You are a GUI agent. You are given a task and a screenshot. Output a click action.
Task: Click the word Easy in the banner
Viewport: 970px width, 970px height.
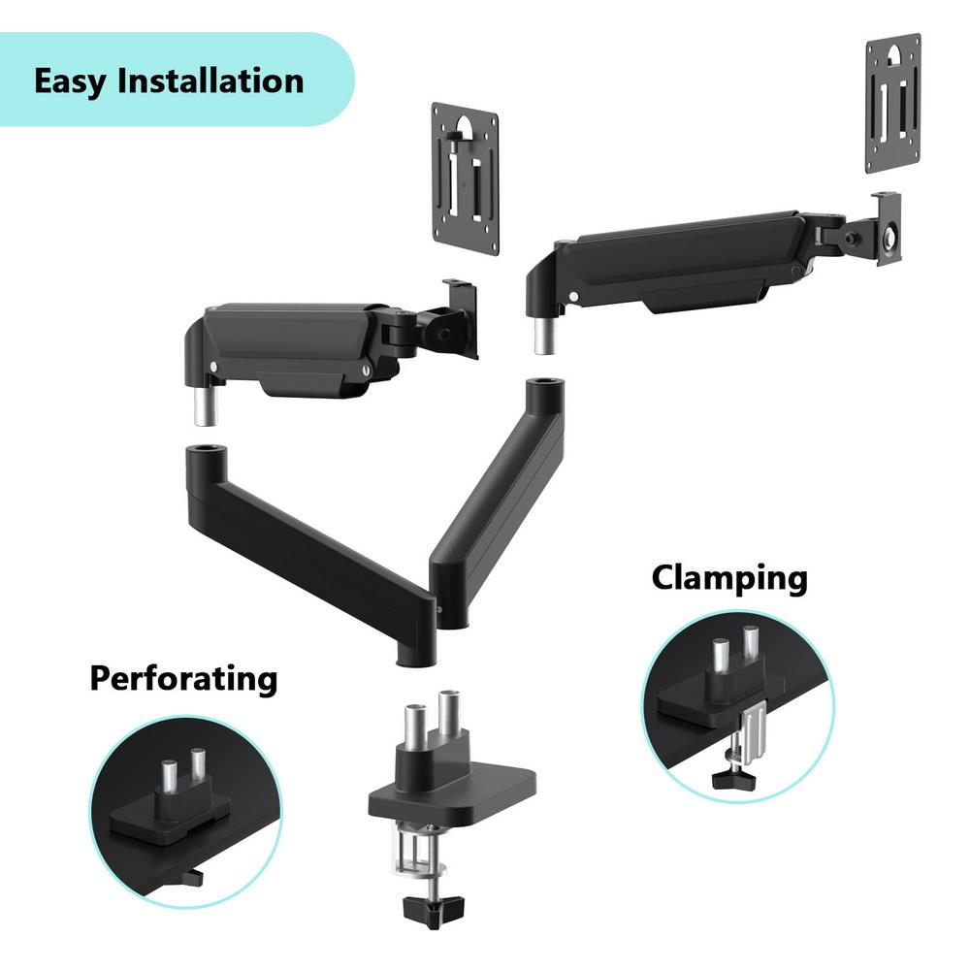[70, 82]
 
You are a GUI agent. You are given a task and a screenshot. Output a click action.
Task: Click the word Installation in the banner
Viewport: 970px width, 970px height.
[210, 81]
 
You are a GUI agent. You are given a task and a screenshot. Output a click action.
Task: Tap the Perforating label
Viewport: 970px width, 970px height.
[183, 679]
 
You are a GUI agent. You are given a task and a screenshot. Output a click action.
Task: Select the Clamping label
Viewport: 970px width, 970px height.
[730, 579]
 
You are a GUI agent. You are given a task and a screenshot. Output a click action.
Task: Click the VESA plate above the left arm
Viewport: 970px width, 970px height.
[466, 178]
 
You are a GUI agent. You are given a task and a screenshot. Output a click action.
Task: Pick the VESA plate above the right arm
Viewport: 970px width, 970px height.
[893, 104]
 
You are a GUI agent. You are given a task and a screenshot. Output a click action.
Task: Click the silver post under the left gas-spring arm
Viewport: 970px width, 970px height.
[206, 405]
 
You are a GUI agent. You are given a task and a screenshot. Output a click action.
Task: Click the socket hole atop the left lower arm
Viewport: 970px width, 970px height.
[206, 448]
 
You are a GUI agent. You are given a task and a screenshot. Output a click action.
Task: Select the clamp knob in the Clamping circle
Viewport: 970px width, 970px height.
[733, 778]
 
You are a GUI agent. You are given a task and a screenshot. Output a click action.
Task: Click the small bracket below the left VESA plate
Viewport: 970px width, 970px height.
[461, 318]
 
